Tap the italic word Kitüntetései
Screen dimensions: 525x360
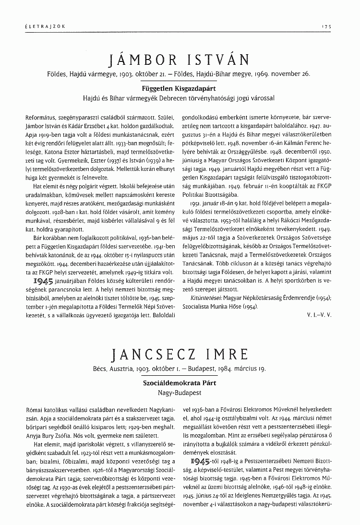point(198,298)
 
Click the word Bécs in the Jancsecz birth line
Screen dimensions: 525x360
point(101,370)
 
